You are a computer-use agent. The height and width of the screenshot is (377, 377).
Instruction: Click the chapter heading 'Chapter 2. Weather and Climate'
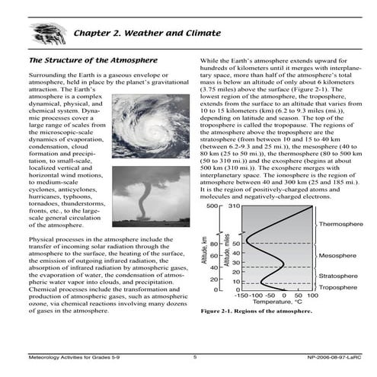pos(147,34)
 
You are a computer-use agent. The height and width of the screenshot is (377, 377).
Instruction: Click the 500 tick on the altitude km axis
pos(212,206)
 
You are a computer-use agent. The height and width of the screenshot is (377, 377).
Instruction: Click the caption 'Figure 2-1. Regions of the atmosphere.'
pos(251,312)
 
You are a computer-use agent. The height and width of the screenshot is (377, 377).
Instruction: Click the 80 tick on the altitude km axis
pos(215,244)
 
